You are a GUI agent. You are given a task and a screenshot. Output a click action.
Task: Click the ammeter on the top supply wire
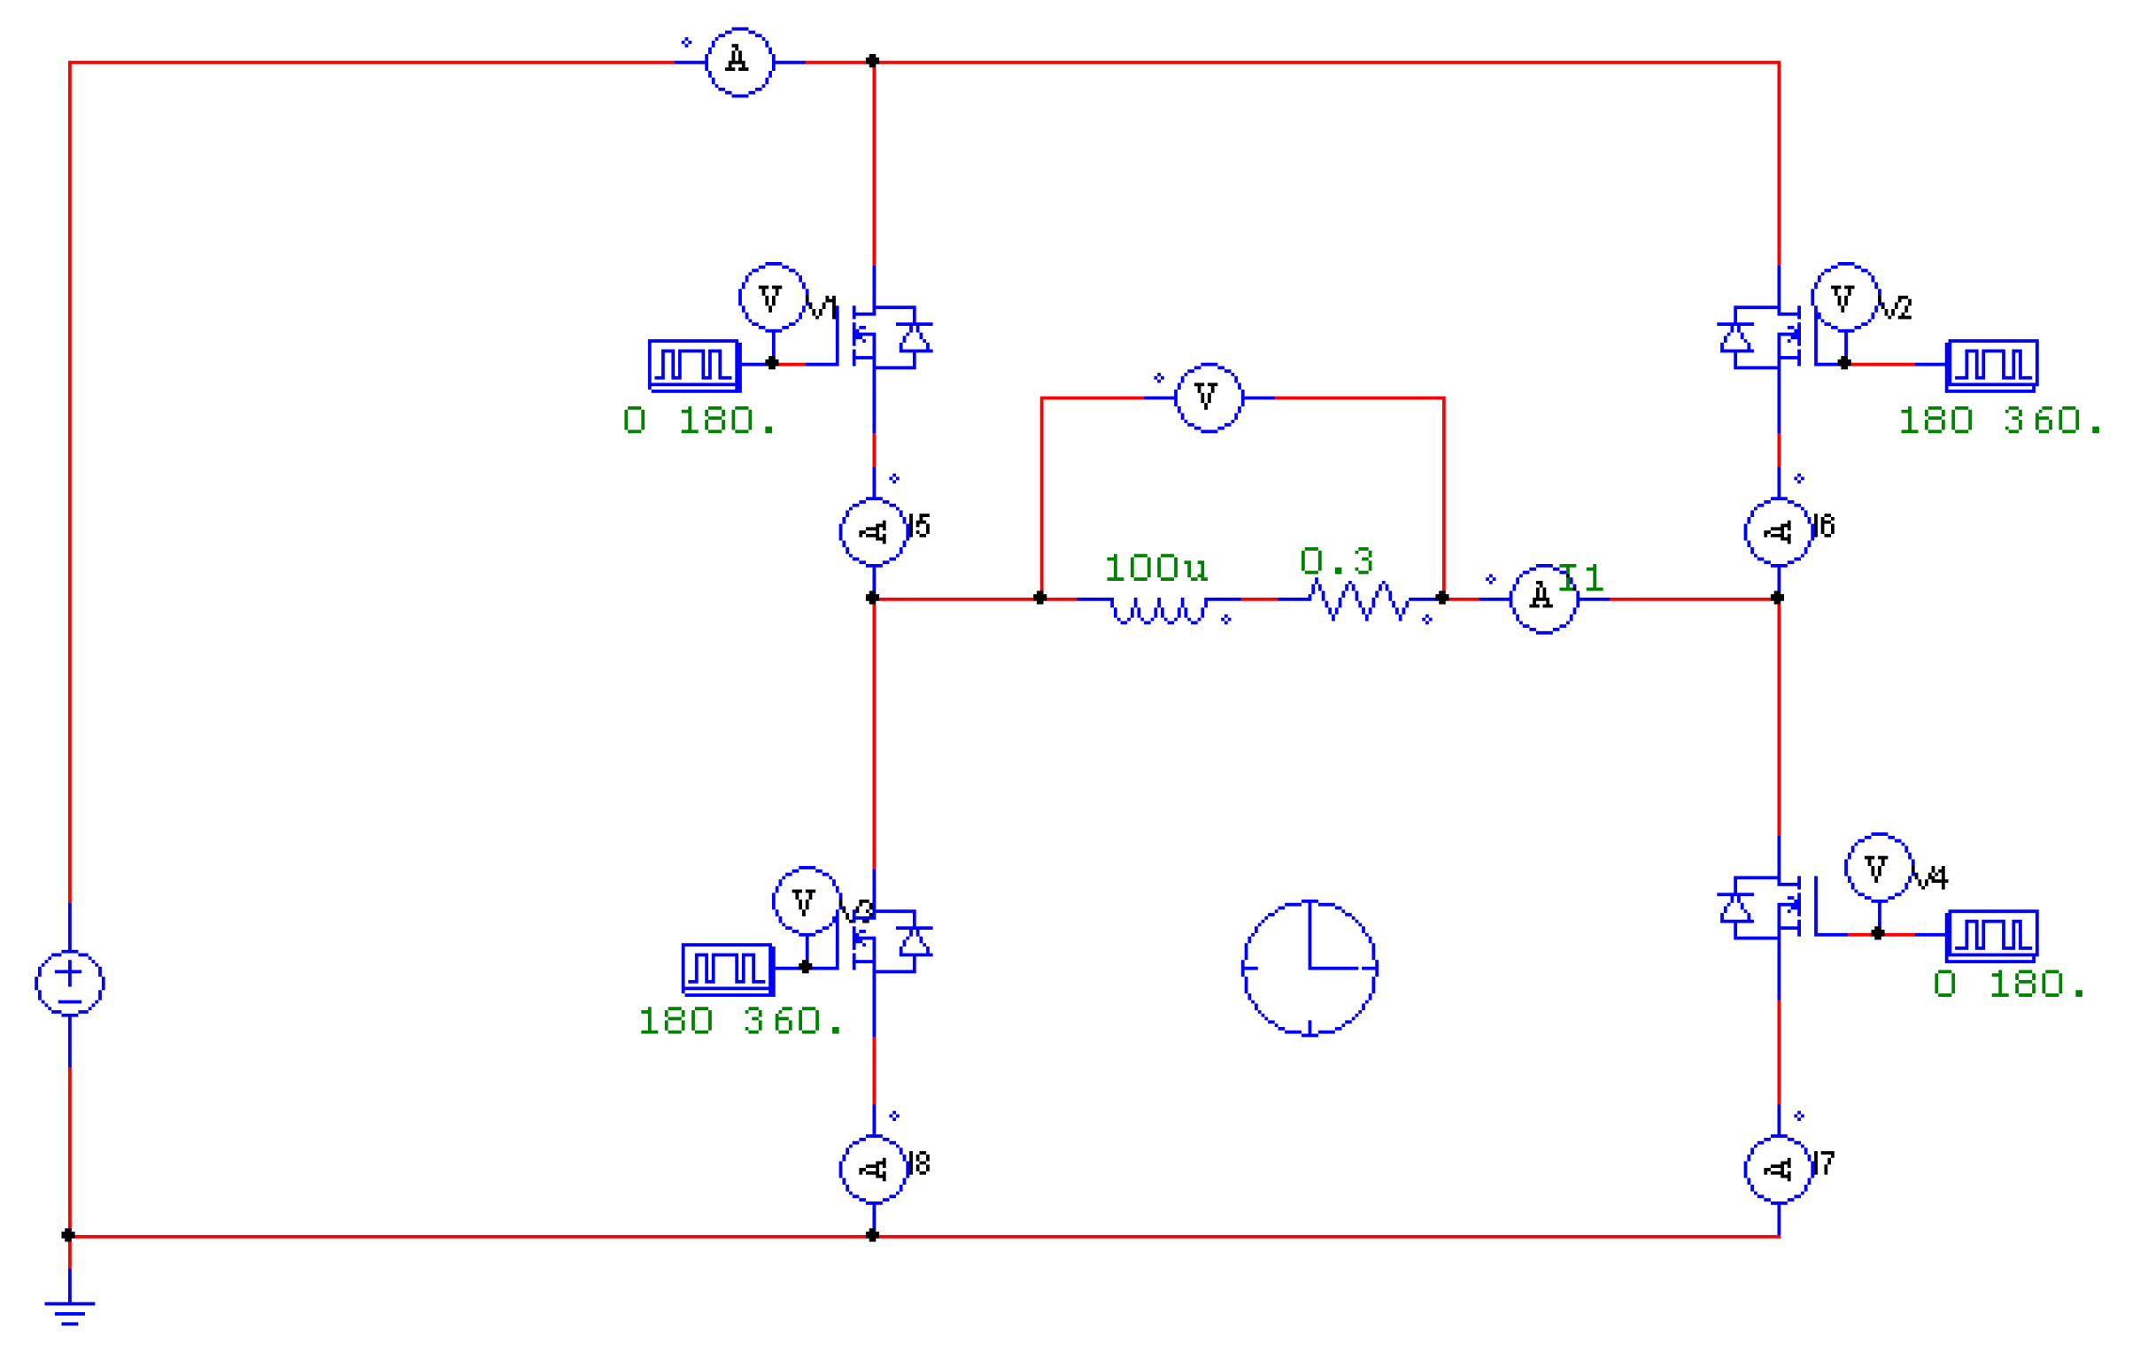[739, 62]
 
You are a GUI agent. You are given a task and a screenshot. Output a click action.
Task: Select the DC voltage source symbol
[69, 983]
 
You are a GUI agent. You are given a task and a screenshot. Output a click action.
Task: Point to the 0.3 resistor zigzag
[1360, 600]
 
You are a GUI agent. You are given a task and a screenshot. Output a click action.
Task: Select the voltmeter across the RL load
[1209, 398]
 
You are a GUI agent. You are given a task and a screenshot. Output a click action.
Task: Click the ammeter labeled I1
[1543, 599]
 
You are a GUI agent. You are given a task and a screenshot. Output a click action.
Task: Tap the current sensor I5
[873, 531]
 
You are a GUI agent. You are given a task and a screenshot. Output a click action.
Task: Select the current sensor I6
[1778, 531]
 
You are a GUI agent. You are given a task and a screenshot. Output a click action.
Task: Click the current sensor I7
[1778, 1169]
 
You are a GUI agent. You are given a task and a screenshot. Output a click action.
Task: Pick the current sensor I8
[873, 1169]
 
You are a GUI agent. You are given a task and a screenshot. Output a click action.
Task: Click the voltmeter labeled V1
[773, 297]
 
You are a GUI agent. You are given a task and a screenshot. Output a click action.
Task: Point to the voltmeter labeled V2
[1845, 297]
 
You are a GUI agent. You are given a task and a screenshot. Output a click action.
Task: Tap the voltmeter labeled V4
[1879, 868]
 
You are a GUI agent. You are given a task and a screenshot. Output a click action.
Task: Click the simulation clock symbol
[1309, 968]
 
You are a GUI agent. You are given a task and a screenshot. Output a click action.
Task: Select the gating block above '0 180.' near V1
[694, 365]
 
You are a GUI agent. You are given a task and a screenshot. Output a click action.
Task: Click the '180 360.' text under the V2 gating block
[1999, 421]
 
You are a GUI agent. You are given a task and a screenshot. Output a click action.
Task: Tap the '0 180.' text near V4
[2008, 985]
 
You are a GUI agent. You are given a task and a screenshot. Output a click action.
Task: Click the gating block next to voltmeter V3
[728, 969]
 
